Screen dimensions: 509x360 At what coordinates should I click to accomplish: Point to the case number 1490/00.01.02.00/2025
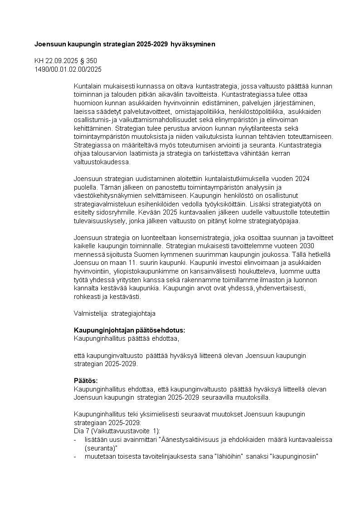68,69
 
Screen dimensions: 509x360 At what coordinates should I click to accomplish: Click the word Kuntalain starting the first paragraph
86,86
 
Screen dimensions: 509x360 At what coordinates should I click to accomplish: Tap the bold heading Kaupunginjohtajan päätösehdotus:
129,330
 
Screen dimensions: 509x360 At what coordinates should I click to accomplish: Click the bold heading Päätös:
86,380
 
